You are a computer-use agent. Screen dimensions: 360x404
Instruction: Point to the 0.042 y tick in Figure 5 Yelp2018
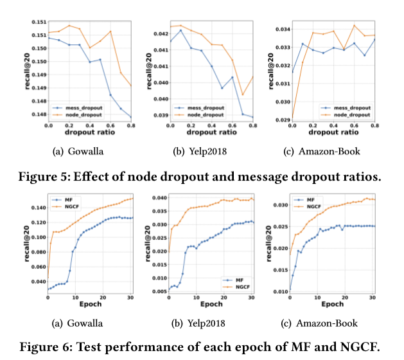pyautogui.click(x=158, y=33)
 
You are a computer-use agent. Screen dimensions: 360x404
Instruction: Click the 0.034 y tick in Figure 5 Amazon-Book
pyautogui.click(x=279, y=29)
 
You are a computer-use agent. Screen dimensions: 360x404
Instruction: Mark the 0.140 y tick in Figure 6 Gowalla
pyautogui.click(x=37, y=208)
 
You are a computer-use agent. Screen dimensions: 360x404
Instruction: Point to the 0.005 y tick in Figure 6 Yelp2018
pyautogui.click(x=158, y=291)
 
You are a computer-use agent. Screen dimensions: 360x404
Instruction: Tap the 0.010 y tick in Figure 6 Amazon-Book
pyautogui.click(x=279, y=291)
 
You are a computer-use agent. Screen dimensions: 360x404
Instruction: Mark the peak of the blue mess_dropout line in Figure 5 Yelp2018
pyautogui.click(x=180, y=30)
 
